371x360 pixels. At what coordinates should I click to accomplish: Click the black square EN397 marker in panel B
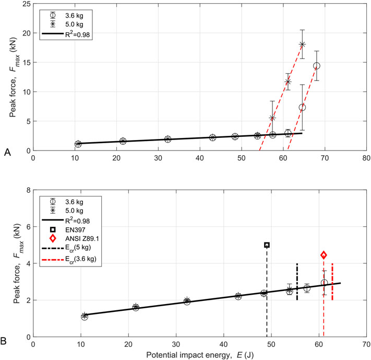point(267,245)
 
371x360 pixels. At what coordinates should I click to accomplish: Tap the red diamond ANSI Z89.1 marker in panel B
point(324,255)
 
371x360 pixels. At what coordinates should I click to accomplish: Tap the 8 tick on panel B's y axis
point(27,191)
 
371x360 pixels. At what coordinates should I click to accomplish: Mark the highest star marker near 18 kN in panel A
point(302,44)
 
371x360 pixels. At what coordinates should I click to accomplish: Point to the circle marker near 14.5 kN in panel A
point(316,66)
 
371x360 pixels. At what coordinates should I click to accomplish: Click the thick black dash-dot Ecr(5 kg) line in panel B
point(297,282)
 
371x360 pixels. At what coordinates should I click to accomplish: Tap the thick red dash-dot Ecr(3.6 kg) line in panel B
point(332,282)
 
